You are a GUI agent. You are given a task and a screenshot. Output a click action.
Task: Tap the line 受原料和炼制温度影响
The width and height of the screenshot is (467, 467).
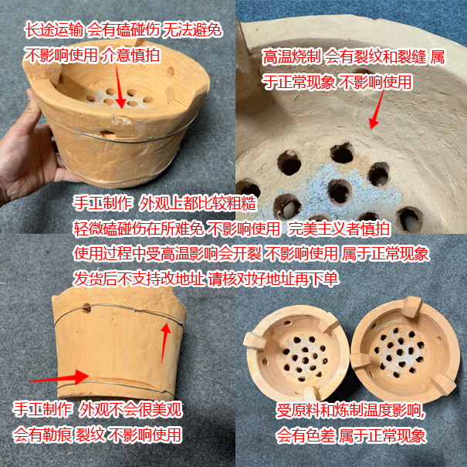(x=351, y=411)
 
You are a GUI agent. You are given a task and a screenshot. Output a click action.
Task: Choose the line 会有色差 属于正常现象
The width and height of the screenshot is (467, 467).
(x=351, y=435)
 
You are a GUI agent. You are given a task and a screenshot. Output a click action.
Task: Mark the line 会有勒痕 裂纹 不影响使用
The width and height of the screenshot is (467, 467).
(x=97, y=435)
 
